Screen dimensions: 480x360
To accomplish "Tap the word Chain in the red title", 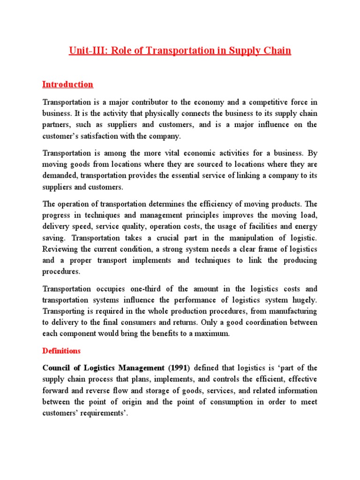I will pos(277,51).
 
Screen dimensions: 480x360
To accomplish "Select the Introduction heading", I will pos(67,84).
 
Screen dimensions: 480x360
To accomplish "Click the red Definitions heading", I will pos(61,351).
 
